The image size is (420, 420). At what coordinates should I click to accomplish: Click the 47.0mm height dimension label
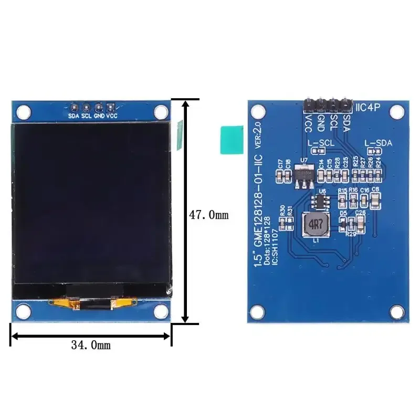coord(208,215)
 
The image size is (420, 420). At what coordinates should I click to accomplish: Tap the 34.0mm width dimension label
coord(90,345)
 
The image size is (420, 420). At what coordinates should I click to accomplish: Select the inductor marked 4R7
coord(315,224)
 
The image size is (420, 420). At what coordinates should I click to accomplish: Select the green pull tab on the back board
coord(231,140)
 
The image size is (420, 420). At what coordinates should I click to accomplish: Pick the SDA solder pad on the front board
coord(74,107)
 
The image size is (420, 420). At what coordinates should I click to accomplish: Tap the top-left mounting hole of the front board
coord(23,111)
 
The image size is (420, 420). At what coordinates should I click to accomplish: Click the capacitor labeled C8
coord(376,199)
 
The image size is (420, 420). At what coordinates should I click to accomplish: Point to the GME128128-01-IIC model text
coord(257,210)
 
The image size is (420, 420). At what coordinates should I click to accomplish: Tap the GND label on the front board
coord(98,116)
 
